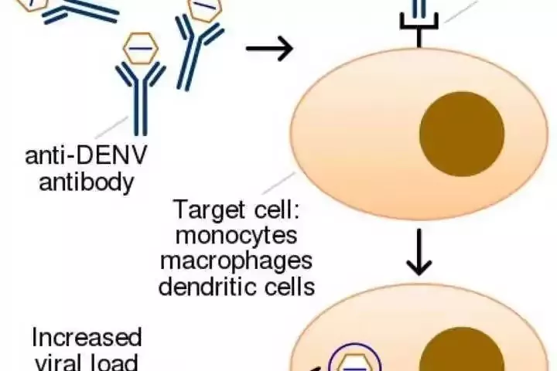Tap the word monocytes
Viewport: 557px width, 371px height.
[x=237, y=235]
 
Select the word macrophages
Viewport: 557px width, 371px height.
[x=237, y=260]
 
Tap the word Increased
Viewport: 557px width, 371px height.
[x=87, y=338]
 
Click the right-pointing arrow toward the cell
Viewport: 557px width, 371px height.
[x=269, y=49]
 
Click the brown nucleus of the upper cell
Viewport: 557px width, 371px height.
[x=462, y=133]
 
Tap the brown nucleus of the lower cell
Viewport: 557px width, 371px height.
[x=463, y=352]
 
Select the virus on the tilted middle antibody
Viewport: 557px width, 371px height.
[x=205, y=9]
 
